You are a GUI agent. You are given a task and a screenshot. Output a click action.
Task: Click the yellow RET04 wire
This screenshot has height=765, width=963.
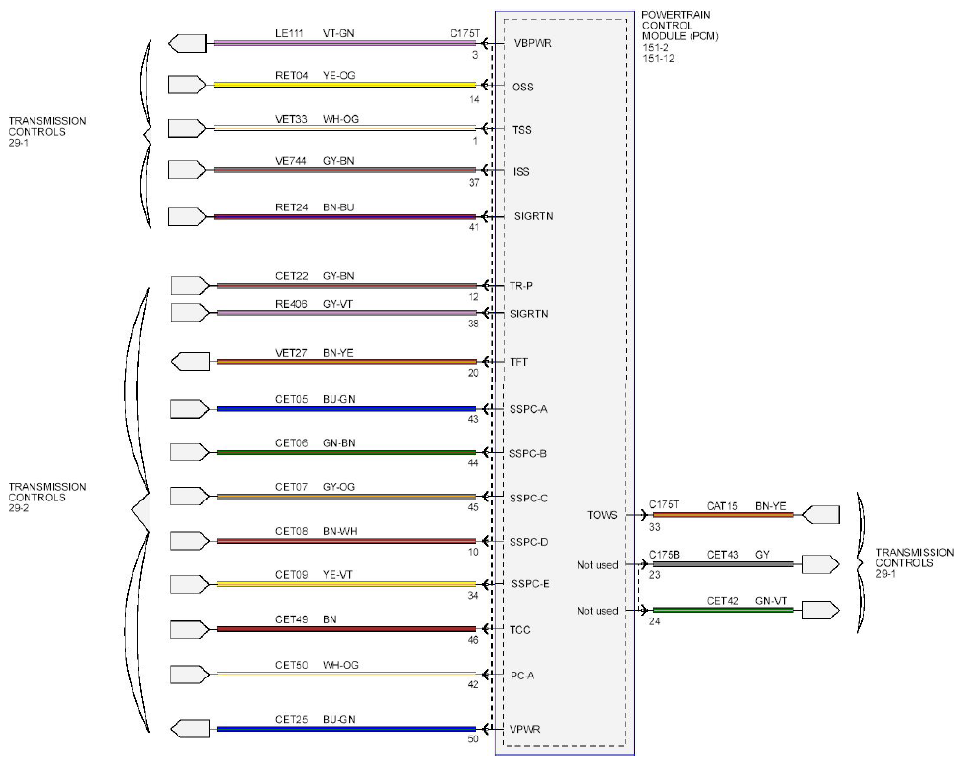click(x=345, y=85)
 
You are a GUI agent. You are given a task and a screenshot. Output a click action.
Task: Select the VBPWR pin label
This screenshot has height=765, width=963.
click(x=532, y=43)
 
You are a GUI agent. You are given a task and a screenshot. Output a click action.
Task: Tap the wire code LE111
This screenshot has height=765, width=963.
click(x=289, y=33)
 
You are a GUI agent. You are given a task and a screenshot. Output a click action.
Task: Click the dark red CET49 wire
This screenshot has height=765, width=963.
click(x=346, y=629)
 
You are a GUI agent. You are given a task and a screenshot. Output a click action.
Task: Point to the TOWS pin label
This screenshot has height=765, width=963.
click(x=602, y=515)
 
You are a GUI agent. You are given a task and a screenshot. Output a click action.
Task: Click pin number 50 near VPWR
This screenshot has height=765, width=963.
click(x=473, y=739)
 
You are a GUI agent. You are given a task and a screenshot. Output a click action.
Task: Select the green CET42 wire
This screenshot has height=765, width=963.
click(x=723, y=610)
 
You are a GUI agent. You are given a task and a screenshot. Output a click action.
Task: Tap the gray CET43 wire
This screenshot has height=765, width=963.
click(x=723, y=564)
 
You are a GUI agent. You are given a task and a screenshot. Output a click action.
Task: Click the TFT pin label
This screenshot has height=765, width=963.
click(x=519, y=362)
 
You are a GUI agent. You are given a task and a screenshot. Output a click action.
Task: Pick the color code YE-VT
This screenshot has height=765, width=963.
click(x=337, y=575)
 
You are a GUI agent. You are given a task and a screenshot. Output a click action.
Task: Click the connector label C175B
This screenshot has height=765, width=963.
click(x=665, y=555)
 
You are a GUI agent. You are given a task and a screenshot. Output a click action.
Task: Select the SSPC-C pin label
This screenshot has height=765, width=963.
click(x=528, y=498)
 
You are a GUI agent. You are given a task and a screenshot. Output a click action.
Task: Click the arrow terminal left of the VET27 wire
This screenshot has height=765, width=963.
click(x=190, y=362)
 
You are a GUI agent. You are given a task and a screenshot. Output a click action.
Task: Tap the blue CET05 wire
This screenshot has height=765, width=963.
click(x=346, y=409)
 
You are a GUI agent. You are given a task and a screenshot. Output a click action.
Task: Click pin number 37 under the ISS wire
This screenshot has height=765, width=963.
click(x=473, y=182)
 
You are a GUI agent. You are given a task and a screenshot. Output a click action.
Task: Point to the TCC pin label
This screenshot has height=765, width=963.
click(x=519, y=630)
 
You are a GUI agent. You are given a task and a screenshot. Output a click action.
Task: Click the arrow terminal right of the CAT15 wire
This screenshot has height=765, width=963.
click(x=820, y=515)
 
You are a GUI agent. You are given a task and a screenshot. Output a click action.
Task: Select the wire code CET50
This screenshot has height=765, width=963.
click(x=291, y=665)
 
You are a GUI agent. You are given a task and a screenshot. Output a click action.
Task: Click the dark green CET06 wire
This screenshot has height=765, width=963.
click(x=346, y=453)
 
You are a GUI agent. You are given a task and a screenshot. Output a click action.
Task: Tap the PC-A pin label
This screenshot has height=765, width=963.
click(x=522, y=676)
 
